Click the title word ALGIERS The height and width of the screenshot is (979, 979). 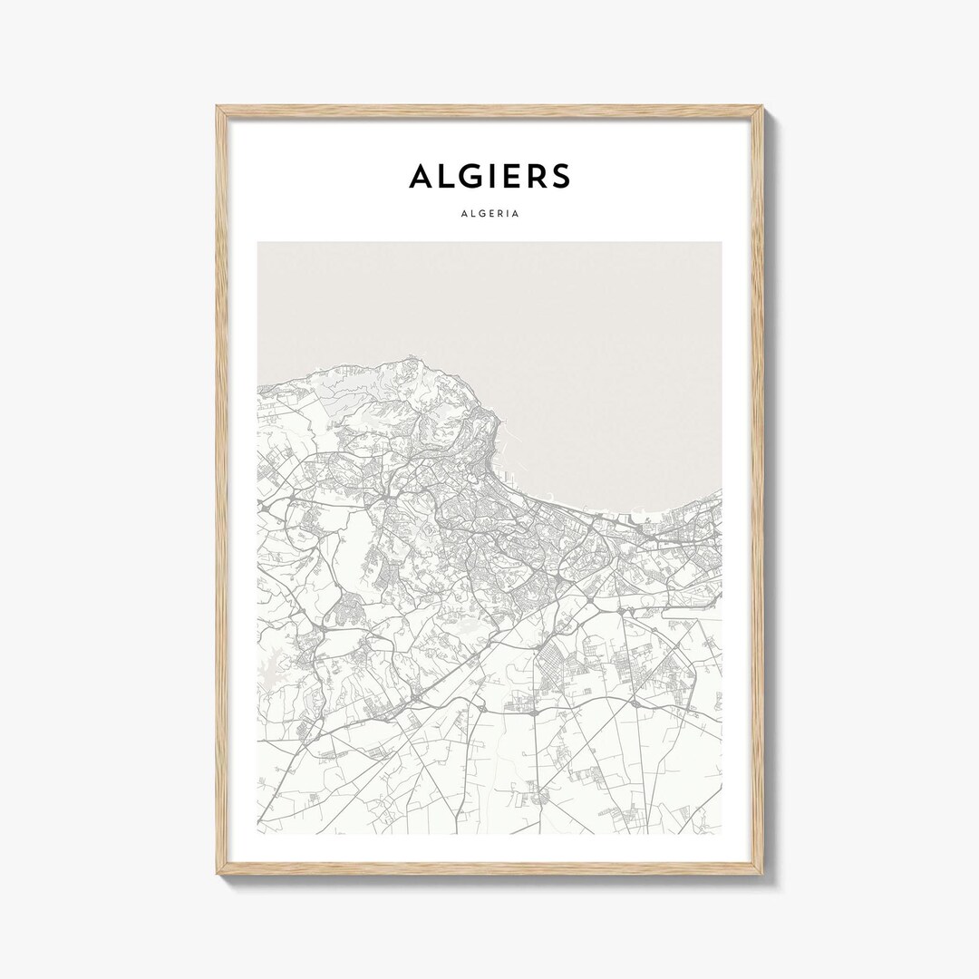489,177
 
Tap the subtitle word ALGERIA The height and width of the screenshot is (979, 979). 489,215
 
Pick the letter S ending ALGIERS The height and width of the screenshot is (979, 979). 560,177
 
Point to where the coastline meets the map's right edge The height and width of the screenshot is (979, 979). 721,491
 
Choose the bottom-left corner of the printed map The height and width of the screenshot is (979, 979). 258,833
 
